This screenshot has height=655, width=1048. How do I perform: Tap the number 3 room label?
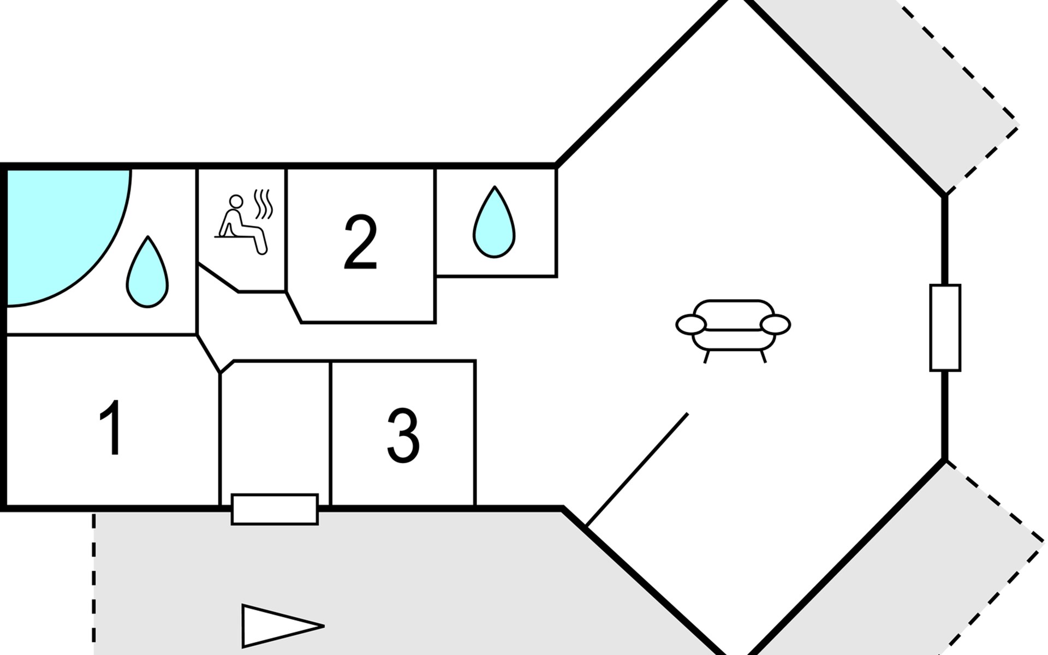pyautogui.click(x=403, y=436)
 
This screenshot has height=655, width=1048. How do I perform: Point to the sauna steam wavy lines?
pyautogui.click(x=264, y=204)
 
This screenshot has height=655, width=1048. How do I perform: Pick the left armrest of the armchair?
pyautogui.click(x=690, y=325)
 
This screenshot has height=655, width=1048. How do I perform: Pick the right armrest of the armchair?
pyautogui.click(x=775, y=325)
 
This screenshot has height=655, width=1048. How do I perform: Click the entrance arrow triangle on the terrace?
pyautogui.click(x=278, y=626)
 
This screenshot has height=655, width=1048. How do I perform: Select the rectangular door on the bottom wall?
pyautogui.click(x=275, y=509)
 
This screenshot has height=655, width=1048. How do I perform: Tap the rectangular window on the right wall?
pyautogui.click(x=945, y=327)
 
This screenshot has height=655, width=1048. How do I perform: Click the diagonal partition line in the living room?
pyautogui.click(x=636, y=469)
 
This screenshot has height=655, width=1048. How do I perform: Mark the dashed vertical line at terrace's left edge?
pyautogui.click(x=94, y=584)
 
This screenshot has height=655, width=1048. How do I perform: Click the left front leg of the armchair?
pyautogui.click(x=706, y=356)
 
